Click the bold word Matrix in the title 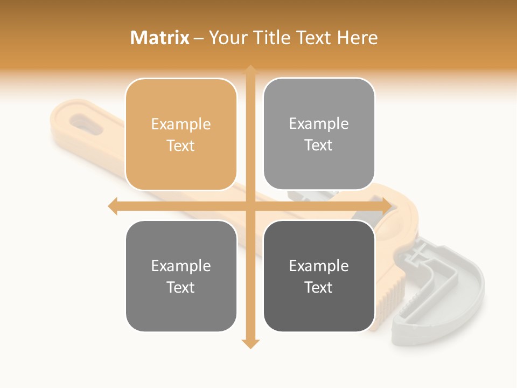click(160, 38)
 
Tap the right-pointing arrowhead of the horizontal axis click(386, 206)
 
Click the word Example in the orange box click(181, 124)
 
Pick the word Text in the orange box click(181, 145)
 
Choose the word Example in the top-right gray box click(319, 124)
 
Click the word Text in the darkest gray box click(319, 287)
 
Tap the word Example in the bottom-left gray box click(181, 266)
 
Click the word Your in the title click(228, 38)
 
